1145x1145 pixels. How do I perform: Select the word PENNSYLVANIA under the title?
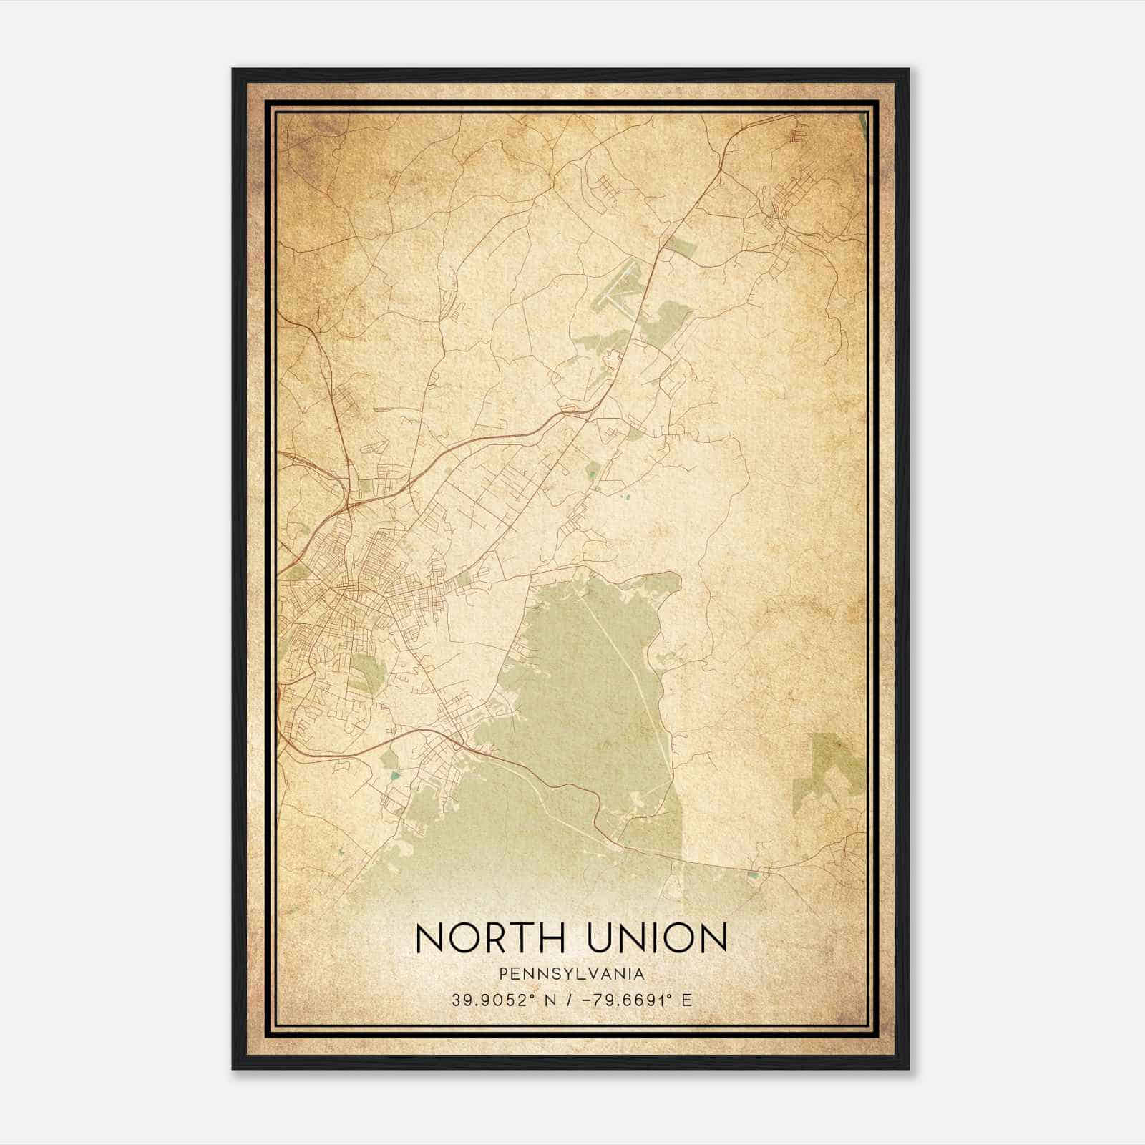(x=572, y=974)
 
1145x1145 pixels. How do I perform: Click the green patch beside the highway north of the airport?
(x=680, y=246)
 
